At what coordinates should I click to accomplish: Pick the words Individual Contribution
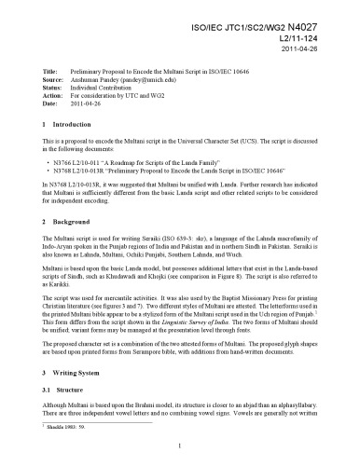115,89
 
